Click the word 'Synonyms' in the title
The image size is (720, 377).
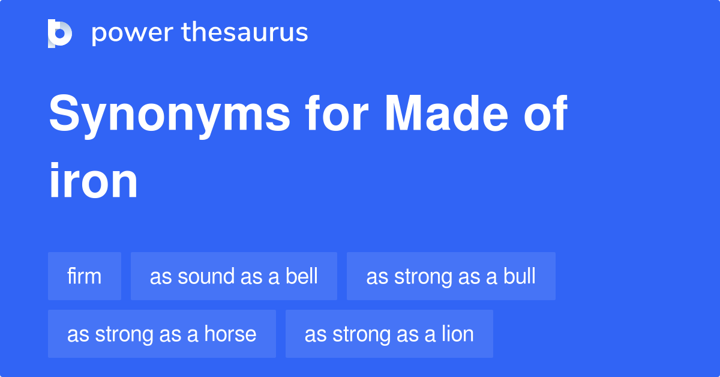click(x=169, y=115)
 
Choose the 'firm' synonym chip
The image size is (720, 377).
click(x=85, y=277)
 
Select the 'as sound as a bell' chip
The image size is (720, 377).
click(x=234, y=277)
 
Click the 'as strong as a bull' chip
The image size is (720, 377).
click(x=451, y=277)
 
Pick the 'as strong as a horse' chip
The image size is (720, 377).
click(x=162, y=334)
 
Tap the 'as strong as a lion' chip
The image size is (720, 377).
click(x=389, y=334)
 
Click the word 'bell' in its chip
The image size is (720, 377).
click(x=302, y=277)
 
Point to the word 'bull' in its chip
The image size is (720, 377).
click(x=520, y=277)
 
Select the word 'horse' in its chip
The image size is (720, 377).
click(x=231, y=334)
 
